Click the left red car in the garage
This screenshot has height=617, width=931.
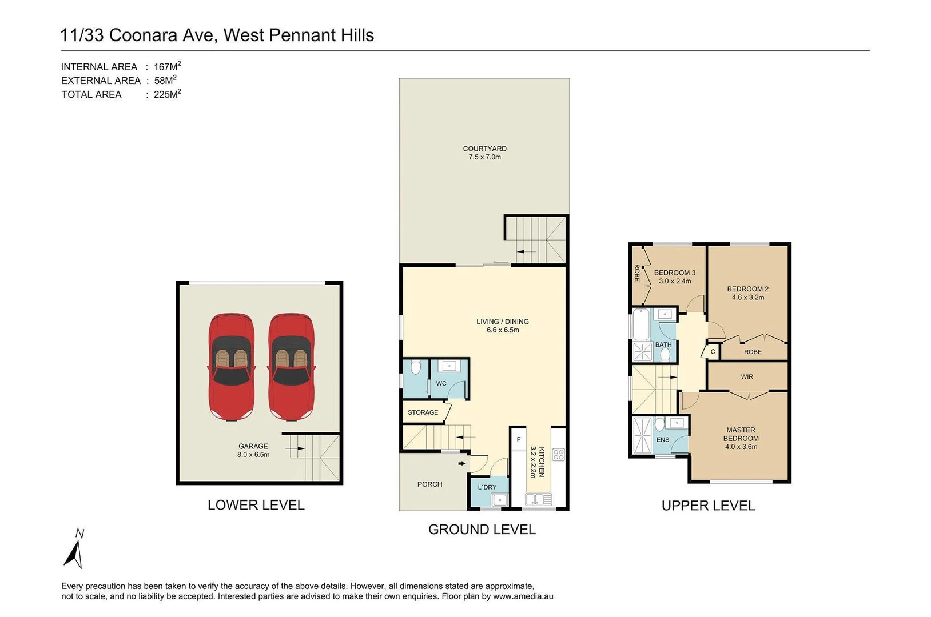[231, 366]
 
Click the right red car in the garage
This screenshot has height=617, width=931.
[292, 366]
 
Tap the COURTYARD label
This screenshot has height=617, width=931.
[484, 149]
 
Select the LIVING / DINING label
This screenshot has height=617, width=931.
[502, 322]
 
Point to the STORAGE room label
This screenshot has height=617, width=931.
[423, 412]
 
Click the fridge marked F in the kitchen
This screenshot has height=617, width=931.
[519, 439]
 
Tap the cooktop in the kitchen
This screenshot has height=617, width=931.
[558, 455]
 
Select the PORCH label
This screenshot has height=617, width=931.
[429, 484]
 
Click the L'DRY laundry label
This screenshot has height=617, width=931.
[487, 487]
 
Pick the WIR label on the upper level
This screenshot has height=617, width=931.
[747, 377]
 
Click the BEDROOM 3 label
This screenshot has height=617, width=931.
[675, 273]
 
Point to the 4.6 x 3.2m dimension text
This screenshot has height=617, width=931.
[747, 297]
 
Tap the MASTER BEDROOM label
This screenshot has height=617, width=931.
[741, 434]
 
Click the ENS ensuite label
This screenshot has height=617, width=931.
[662, 440]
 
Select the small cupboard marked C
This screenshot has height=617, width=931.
[713, 352]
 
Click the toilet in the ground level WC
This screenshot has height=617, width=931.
[416, 367]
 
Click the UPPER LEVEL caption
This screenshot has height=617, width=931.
[708, 506]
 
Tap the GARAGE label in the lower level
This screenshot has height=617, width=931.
[253, 447]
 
